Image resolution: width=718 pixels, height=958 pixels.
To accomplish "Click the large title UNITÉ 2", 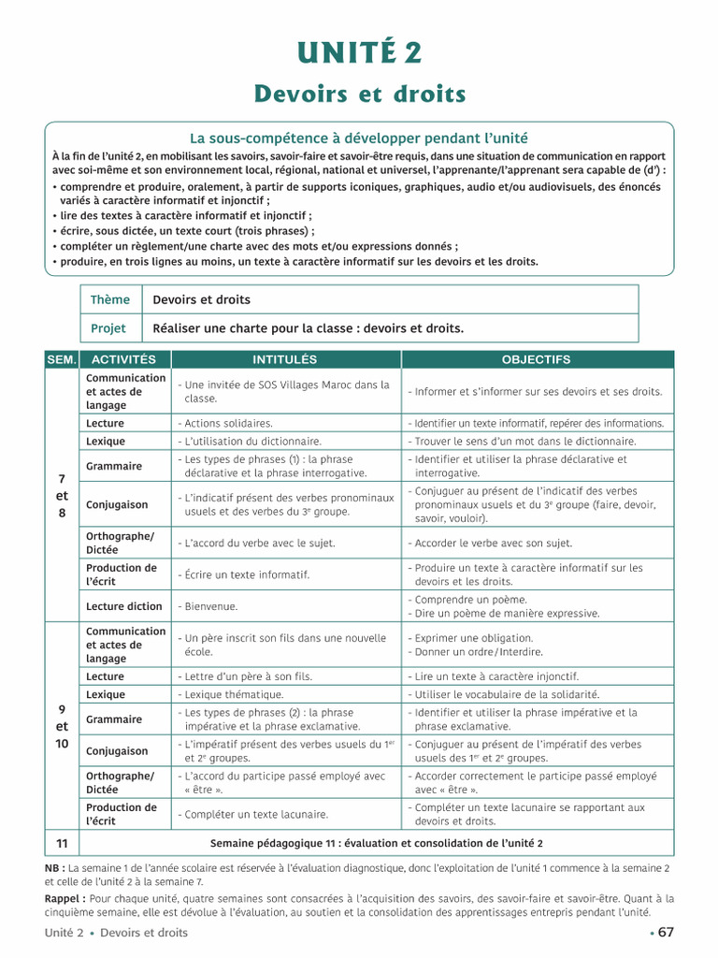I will click(x=359, y=53).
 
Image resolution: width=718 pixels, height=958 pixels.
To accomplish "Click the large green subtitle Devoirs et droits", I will click(x=360, y=94).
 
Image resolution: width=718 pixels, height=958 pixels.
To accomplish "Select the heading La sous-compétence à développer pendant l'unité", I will click(x=359, y=138).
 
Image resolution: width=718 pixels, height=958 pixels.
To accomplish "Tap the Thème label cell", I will click(x=110, y=299).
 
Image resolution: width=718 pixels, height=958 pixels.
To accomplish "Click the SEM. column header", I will click(x=62, y=359).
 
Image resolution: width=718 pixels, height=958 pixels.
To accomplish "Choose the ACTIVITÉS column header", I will click(x=125, y=359).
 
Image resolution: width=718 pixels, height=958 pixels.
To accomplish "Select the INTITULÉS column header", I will click(x=285, y=359).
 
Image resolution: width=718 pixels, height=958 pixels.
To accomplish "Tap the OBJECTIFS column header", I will click(x=536, y=359).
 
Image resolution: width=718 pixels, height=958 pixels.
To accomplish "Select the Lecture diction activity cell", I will click(x=124, y=606).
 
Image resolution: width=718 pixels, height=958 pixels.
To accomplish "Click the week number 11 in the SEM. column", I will click(x=62, y=843).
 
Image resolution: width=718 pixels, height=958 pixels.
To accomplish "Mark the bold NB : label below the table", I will click(x=55, y=868).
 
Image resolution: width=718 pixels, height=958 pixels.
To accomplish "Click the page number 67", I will click(x=665, y=932).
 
